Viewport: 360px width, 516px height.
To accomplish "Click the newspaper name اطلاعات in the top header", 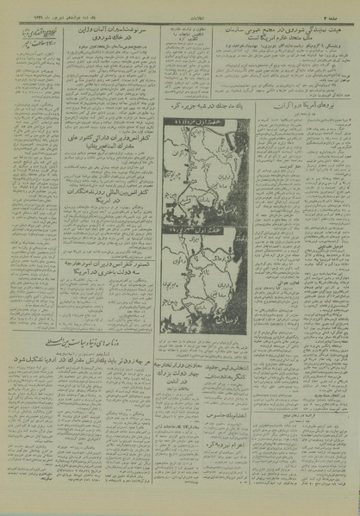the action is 180,7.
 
